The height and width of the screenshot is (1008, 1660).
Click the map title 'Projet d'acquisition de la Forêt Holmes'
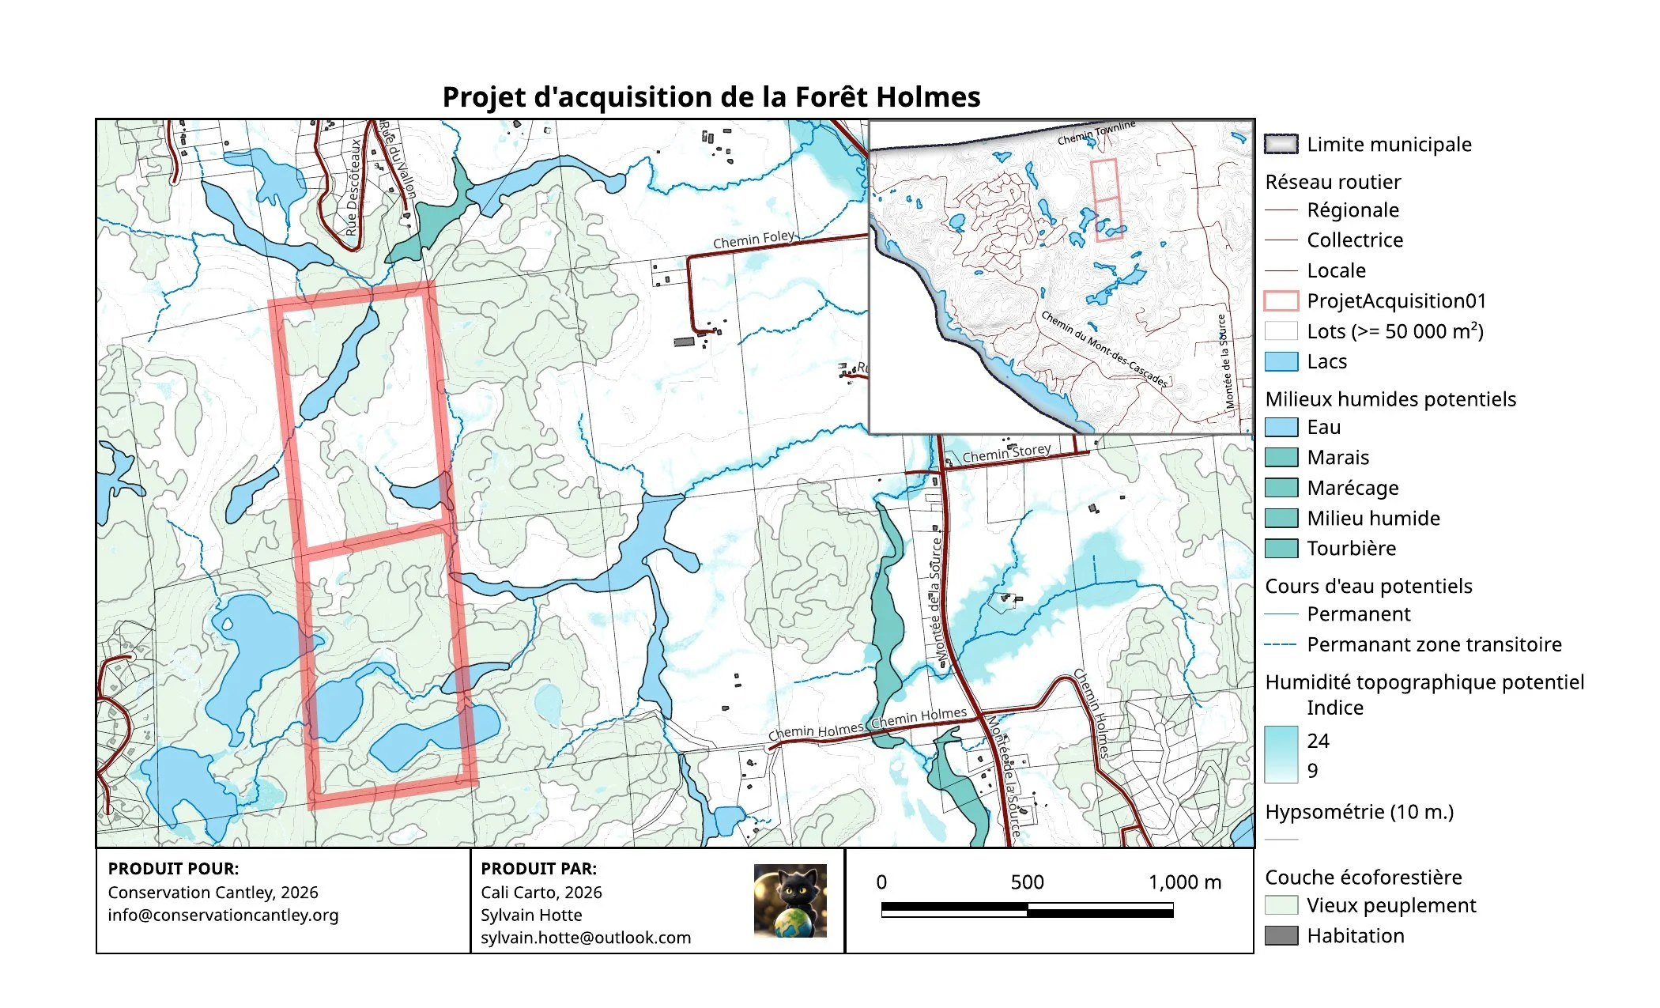coord(711,97)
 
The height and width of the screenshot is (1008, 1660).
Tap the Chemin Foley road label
coord(753,239)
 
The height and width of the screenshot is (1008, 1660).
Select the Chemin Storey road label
coord(1005,453)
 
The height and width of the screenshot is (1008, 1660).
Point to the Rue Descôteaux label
coord(353,188)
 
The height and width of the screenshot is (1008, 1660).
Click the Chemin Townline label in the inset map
coord(1096,134)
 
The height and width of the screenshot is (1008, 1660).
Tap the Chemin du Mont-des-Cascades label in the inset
coord(1104,349)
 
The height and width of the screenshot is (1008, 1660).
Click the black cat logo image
coord(790,900)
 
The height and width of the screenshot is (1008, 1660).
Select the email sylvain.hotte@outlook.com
coord(585,938)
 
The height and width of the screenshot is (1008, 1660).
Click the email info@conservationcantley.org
coord(223,915)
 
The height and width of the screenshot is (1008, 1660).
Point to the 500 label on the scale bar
coord(1027,882)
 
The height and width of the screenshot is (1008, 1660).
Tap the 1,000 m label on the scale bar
coord(1183,882)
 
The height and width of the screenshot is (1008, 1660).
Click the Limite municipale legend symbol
coord(1281,144)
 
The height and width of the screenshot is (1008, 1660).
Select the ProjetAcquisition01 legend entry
coord(1396,301)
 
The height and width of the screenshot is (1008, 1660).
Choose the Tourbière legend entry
coord(1351,549)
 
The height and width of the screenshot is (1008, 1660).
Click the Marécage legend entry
coord(1353,488)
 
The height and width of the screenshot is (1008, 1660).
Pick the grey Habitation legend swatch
coord(1281,936)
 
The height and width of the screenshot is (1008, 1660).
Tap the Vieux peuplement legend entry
coord(1390,905)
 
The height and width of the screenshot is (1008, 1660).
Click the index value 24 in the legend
coord(1318,741)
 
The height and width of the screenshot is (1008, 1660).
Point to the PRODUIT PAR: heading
coord(538,869)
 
